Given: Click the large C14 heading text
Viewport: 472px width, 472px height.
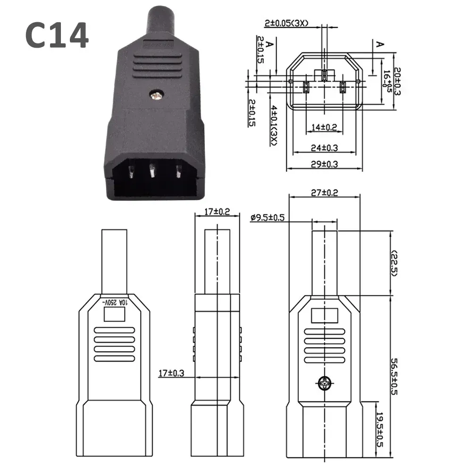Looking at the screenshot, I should click(57, 36).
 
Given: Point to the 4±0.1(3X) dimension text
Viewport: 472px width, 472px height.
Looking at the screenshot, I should click(273, 124).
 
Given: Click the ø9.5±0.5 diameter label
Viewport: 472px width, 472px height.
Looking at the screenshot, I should click(268, 218).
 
